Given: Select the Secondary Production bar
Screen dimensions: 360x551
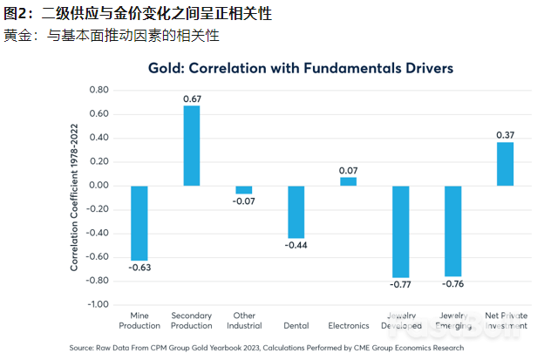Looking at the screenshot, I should pyautogui.click(x=191, y=146).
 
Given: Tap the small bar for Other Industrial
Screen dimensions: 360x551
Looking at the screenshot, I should pyautogui.click(x=243, y=189).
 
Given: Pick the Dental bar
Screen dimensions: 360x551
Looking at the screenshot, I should pyautogui.click(x=296, y=212).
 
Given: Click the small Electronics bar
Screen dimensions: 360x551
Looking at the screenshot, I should pyautogui.click(x=348, y=181).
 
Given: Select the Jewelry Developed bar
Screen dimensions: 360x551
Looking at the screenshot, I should pyautogui.click(x=400, y=231).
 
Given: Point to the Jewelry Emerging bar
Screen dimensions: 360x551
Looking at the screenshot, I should pyautogui.click(x=452, y=230).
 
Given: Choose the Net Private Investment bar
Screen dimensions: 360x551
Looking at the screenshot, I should pyautogui.click(x=505, y=164).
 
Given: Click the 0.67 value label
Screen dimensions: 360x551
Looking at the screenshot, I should pyautogui.click(x=192, y=98).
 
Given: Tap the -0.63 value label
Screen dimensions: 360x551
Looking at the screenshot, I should pyautogui.click(x=139, y=268).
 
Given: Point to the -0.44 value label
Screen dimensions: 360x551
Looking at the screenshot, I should pyautogui.click(x=296, y=246).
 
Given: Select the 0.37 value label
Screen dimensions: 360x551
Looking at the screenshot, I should pyautogui.click(x=505, y=134).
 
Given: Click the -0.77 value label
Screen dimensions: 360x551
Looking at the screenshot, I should pyautogui.click(x=400, y=284).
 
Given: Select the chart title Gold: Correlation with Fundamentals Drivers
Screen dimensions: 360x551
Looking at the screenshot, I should pyautogui.click(x=301, y=67).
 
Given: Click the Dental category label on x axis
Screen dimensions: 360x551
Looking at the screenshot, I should pyautogui.click(x=296, y=326).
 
